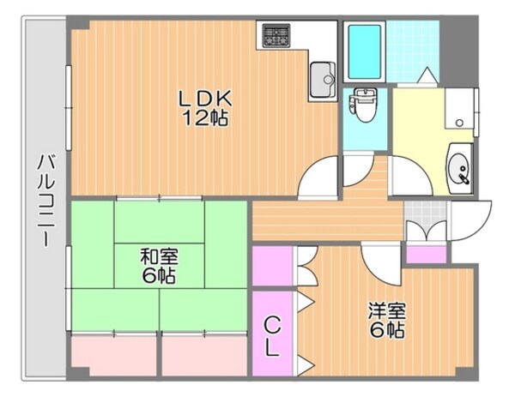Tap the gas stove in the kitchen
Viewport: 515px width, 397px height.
point(276,35)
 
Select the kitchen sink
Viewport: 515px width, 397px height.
point(322,78)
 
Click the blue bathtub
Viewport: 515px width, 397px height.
point(364,51)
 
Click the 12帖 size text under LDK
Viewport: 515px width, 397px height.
point(204,119)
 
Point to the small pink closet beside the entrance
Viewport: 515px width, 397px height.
point(425,255)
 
